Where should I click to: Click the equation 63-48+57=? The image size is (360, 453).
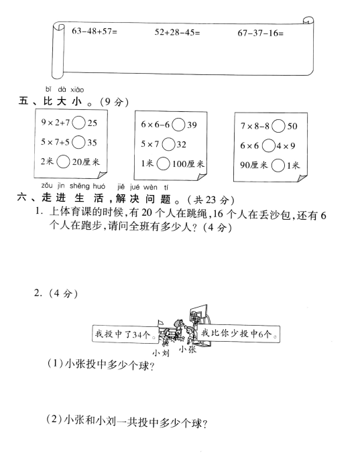(x=95, y=31)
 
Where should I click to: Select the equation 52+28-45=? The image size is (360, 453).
(x=177, y=32)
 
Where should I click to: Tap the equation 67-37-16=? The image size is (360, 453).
(x=261, y=34)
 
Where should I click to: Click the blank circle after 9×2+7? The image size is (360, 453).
(x=78, y=123)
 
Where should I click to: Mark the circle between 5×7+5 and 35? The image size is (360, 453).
(x=78, y=142)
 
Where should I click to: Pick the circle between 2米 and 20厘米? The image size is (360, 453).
(x=63, y=161)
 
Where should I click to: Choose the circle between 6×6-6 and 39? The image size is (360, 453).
(x=178, y=125)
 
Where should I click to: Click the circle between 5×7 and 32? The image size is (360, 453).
(x=168, y=144)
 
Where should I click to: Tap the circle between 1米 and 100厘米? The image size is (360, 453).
(x=164, y=164)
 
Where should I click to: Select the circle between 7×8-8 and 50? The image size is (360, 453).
(x=278, y=126)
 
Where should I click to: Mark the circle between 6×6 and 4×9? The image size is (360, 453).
(x=269, y=145)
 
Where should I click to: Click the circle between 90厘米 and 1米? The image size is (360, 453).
(x=278, y=166)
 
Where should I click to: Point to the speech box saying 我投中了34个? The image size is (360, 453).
(x=125, y=334)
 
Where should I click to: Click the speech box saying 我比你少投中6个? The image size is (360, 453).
(x=239, y=334)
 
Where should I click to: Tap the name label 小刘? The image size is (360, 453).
(x=161, y=352)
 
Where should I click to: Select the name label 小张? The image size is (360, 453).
(x=188, y=349)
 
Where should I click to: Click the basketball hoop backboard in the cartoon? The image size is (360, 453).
(x=199, y=314)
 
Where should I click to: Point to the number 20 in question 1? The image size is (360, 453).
(x=147, y=213)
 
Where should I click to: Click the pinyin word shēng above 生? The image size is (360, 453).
(x=80, y=186)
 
